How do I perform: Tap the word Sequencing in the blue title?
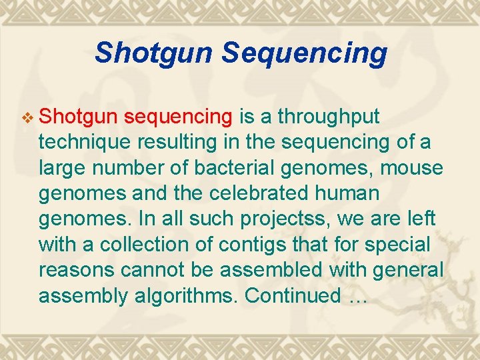304,52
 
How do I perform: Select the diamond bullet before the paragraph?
27,118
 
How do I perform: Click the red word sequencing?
179,117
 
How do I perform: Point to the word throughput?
329,117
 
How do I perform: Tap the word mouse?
411,168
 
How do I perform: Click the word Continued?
293,295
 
